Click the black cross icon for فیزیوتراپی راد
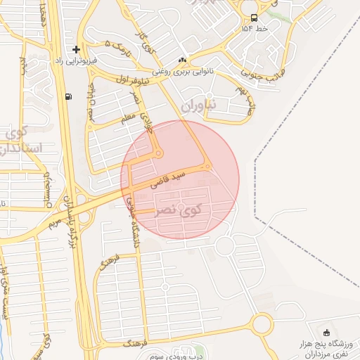pyautogui.click(x=76, y=49)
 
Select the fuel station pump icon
pyautogui.click(x=67, y=96)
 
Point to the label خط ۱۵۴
pyautogui.click(x=253, y=29)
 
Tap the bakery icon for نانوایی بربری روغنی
pyautogui.click(x=183, y=60)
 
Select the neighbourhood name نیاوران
pyautogui.click(x=201, y=105)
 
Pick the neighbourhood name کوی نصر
pyautogui.click(x=179, y=210)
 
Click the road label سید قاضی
pyautogui.click(x=172, y=176)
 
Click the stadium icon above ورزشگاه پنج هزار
pyautogui.click(x=325, y=333)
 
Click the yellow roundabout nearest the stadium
pyautogui.click(x=262, y=324)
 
